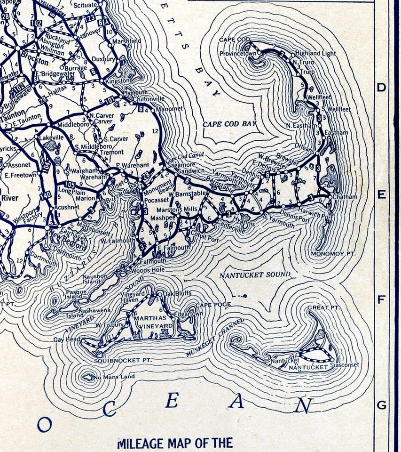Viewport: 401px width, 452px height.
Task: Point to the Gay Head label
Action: (x=65, y=339)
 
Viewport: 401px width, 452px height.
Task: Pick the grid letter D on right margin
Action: (x=381, y=87)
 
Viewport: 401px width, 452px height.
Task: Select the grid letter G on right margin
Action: (x=381, y=405)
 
